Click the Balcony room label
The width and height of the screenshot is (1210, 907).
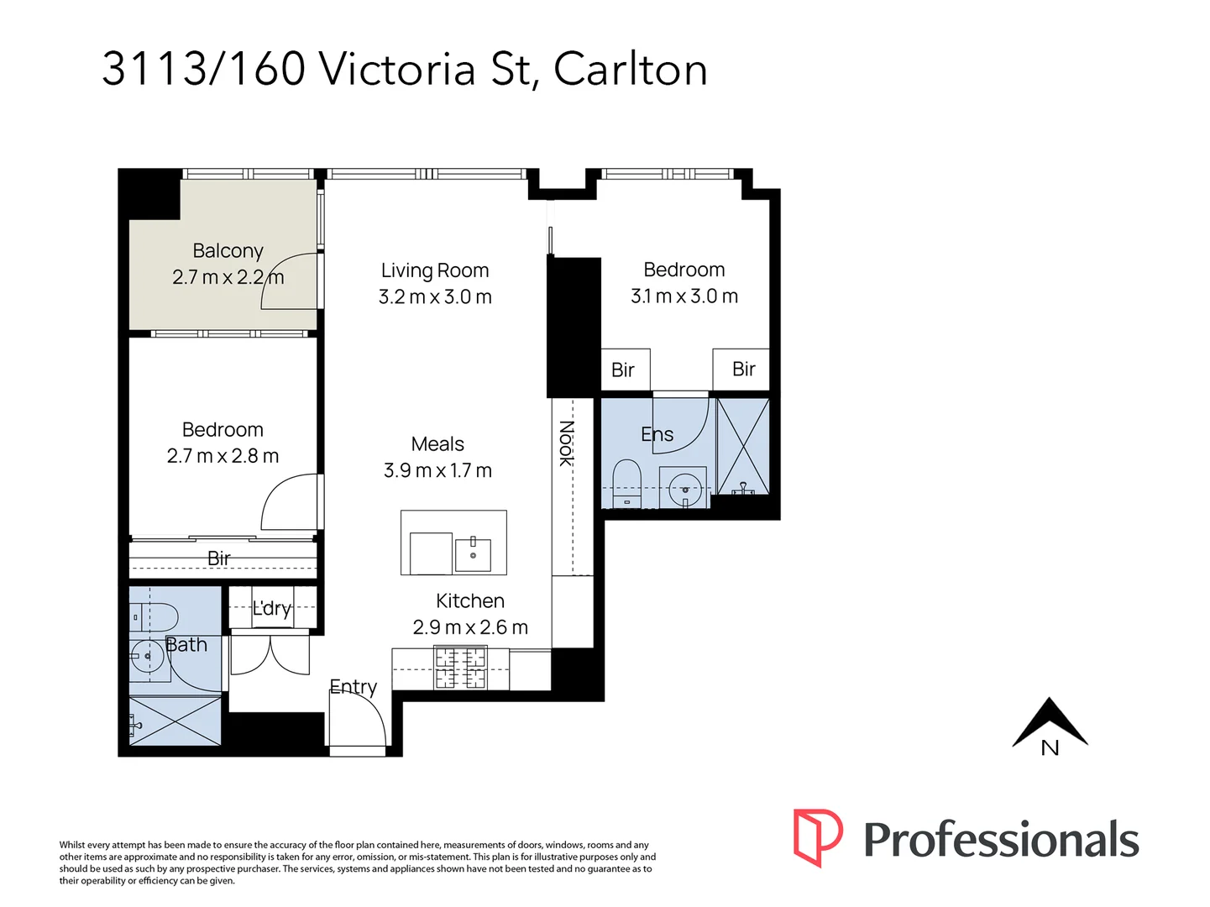pyautogui.click(x=228, y=251)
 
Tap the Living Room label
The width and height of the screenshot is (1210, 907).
pyautogui.click(x=434, y=270)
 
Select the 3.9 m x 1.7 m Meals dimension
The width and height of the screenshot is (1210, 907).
pyautogui.click(x=437, y=470)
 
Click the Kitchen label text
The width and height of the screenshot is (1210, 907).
pyautogui.click(x=469, y=601)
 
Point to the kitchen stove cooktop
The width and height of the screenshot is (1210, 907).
pyautogui.click(x=460, y=668)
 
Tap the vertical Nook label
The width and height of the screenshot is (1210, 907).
pyautogui.click(x=566, y=443)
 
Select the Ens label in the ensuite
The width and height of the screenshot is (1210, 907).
pyautogui.click(x=657, y=434)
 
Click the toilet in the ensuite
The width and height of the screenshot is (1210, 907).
pyautogui.click(x=626, y=482)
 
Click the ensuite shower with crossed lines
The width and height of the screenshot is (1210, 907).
pyautogui.click(x=743, y=446)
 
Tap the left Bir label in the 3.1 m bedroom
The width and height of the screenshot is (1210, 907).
pyautogui.click(x=623, y=370)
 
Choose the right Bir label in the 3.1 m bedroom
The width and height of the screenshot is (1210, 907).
pyautogui.click(x=743, y=370)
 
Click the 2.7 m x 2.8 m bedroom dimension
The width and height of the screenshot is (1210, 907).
pyautogui.click(x=223, y=456)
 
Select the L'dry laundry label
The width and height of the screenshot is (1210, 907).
pyautogui.click(x=271, y=608)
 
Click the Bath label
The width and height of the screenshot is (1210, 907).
pyautogui.click(x=186, y=645)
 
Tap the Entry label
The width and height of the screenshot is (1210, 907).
pyautogui.click(x=353, y=687)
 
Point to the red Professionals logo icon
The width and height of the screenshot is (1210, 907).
pyautogui.click(x=817, y=837)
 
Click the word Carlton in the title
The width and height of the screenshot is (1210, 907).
pyautogui.click(x=630, y=69)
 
